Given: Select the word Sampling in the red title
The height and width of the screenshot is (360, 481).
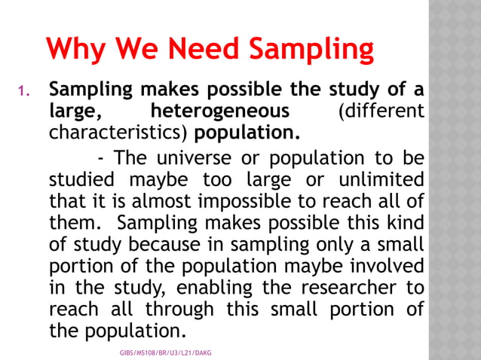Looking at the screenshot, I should point(311,50).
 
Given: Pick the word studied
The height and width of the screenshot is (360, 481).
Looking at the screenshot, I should point(81,182).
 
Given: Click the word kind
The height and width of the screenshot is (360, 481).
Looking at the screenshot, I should point(406,224).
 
